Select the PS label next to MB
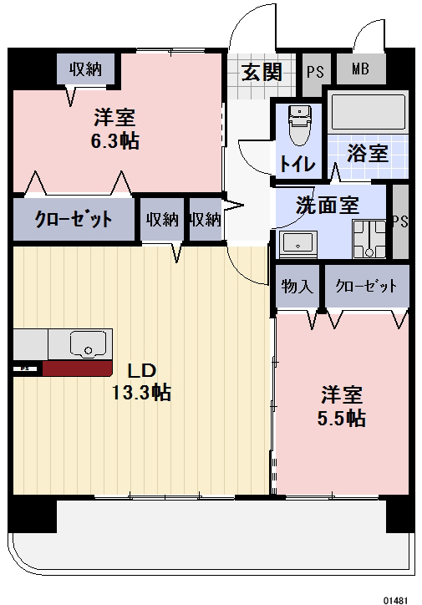[314, 71]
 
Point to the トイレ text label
[297, 164]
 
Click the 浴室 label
[368, 153]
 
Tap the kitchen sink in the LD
[84, 343]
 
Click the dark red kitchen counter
[77, 369]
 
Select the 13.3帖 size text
[142, 392]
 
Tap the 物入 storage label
[297, 287]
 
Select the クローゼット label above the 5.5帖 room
[366, 287]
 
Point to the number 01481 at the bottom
[395, 598]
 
